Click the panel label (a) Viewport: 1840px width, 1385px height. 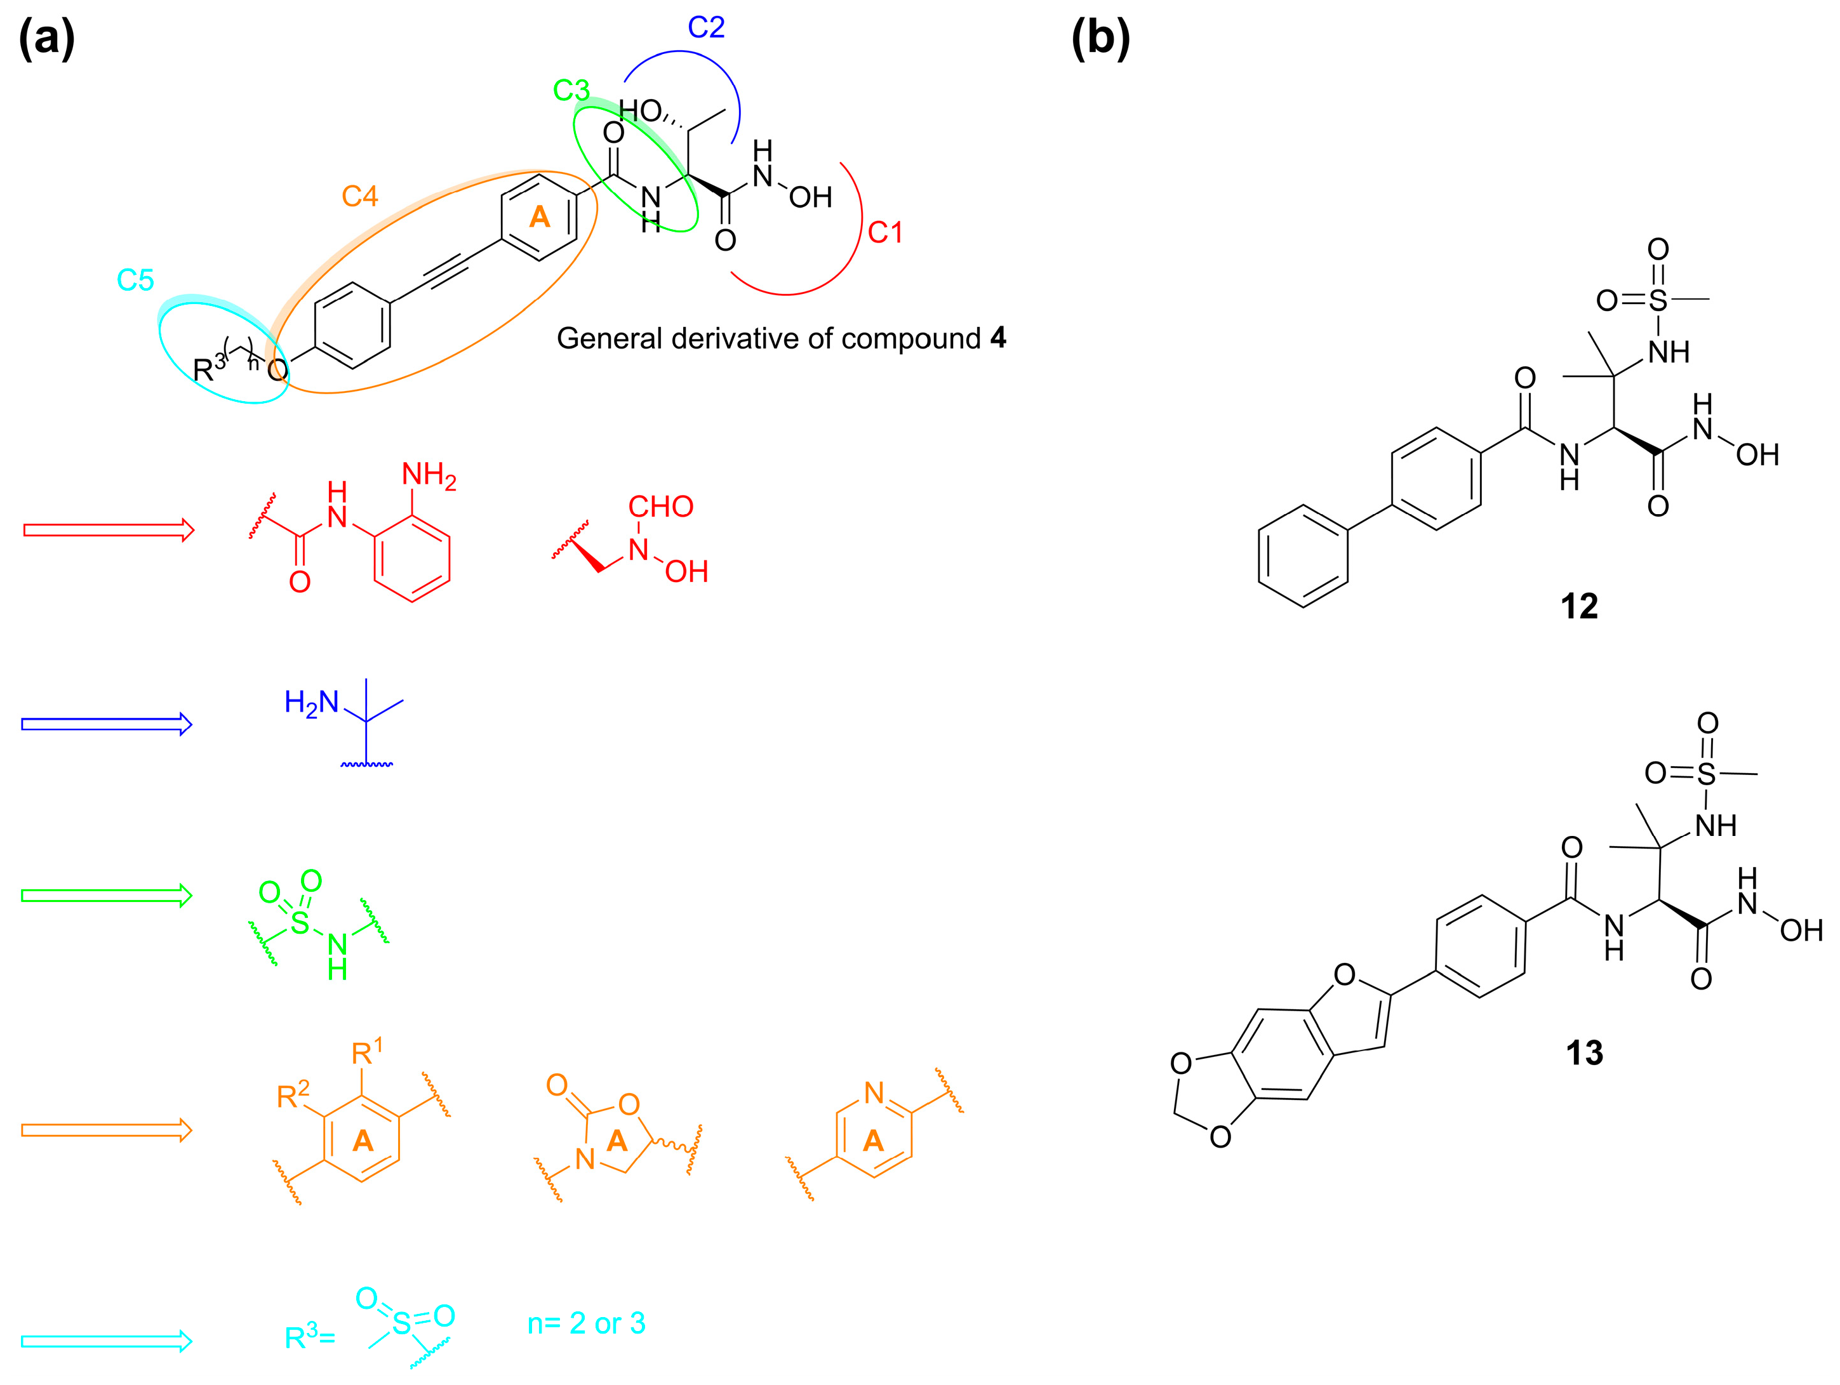pyautogui.click(x=46, y=39)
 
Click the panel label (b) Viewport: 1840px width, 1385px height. pyautogui.click(x=1100, y=39)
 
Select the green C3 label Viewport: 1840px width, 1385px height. pyautogui.click(x=571, y=90)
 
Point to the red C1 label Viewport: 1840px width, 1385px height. pyautogui.click(x=884, y=232)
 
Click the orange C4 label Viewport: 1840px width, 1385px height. pyautogui.click(x=359, y=196)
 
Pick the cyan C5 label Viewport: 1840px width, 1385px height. pyautogui.click(x=135, y=281)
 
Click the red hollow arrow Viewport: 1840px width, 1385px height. pyautogui.click(x=108, y=530)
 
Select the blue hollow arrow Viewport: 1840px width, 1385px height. pyautogui.click(x=107, y=724)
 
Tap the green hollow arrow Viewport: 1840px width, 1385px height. pyautogui.click(x=107, y=896)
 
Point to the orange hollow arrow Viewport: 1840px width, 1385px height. pyautogui.click(x=107, y=1130)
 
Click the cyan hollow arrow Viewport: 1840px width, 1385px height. pyautogui.click(x=107, y=1341)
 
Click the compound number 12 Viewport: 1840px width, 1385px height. pyautogui.click(x=1579, y=606)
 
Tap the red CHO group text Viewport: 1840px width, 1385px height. pyautogui.click(x=660, y=507)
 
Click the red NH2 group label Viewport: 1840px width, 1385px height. pyautogui.click(x=429, y=476)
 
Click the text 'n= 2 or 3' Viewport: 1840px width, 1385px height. pyautogui.click(x=587, y=1323)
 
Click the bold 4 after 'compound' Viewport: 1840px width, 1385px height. pyautogui.click(x=998, y=338)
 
